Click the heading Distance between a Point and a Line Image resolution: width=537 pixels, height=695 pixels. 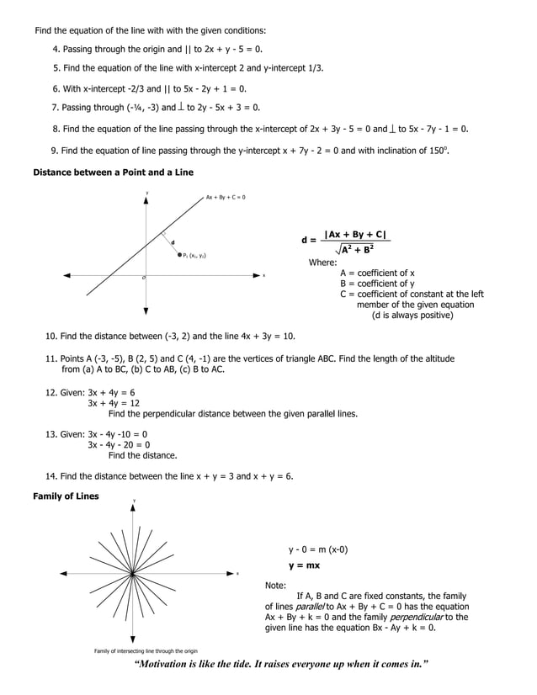pos(113,172)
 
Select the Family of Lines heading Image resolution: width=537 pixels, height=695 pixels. pos(66,496)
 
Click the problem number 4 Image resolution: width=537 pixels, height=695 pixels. pos(56,50)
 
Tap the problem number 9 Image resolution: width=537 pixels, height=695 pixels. pos(54,151)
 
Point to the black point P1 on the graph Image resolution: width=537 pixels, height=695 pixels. pos(180,254)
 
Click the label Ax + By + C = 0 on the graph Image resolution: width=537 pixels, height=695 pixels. pos(226,198)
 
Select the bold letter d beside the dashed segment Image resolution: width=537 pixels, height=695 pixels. pos(173,243)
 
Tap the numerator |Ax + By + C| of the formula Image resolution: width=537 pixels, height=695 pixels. pos(356,234)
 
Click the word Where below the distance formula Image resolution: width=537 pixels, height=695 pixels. pos(322,263)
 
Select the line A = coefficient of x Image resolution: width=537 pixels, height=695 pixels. pos(377,273)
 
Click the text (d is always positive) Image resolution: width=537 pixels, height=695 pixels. pos(412,316)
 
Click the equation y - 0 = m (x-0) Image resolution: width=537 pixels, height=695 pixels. pos(318,549)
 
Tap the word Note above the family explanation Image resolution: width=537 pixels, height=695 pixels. pos(275,585)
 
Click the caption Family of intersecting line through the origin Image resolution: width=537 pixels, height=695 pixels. pos(146,651)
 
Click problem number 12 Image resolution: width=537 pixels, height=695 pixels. pos(50,392)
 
